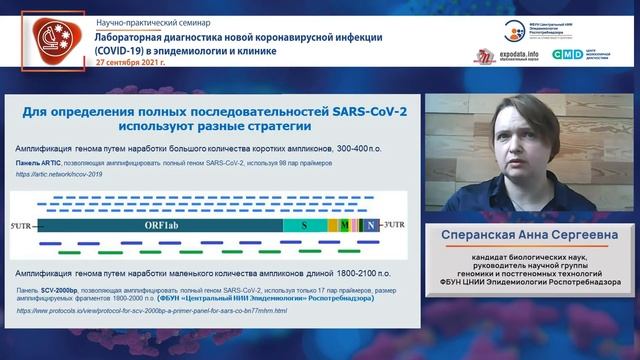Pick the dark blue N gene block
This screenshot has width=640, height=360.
click(371, 227)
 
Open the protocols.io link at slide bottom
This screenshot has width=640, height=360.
click(150, 310)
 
